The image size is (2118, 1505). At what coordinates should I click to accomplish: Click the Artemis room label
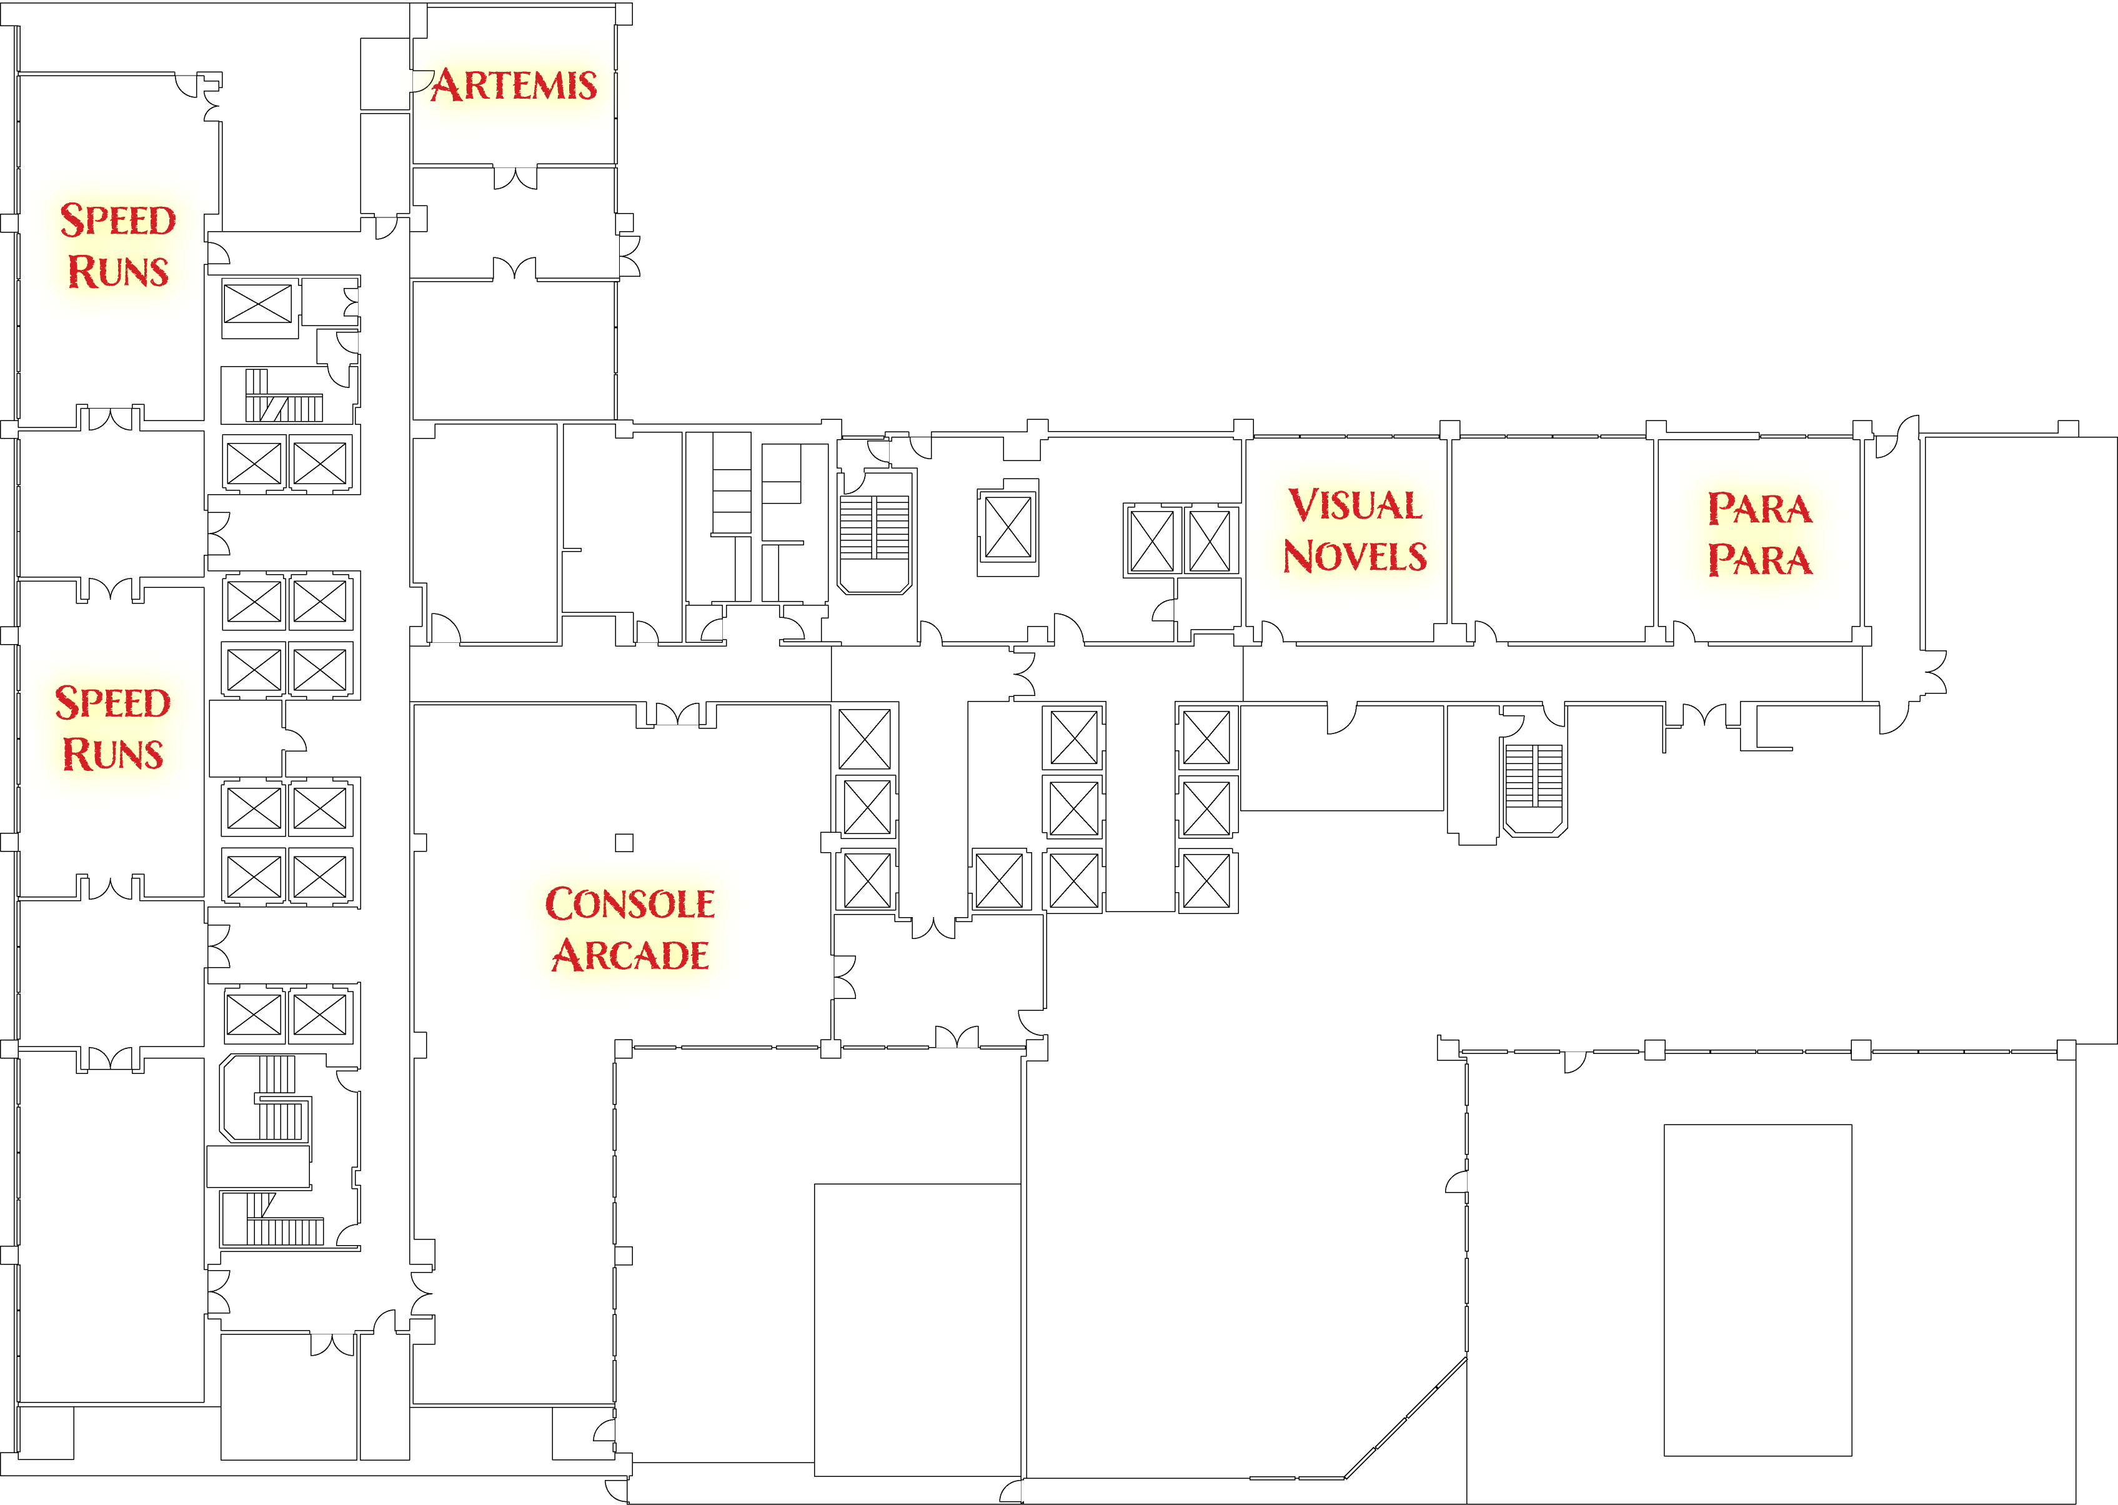click(x=514, y=85)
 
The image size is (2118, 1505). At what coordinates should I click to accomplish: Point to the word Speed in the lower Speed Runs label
click(x=113, y=702)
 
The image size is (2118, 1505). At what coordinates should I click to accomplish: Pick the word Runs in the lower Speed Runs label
click(x=113, y=754)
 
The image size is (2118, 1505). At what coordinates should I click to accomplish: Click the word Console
click(x=630, y=903)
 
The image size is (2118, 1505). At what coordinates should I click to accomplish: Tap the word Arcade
click(x=630, y=955)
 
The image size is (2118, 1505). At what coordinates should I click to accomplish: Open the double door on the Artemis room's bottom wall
click(x=515, y=177)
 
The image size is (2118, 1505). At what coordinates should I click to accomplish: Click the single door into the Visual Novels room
click(x=1271, y=632)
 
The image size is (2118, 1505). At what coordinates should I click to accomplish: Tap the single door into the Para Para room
click(x=1684, y=632)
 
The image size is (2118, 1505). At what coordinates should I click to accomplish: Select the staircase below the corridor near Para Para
click(x=1534, y=788)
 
